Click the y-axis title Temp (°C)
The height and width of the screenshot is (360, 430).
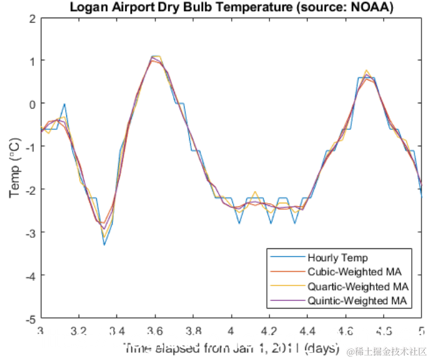[14, 168]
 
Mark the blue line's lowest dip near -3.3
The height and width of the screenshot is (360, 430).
[104, 244]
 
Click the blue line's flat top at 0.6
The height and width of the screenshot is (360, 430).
[366, 77]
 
